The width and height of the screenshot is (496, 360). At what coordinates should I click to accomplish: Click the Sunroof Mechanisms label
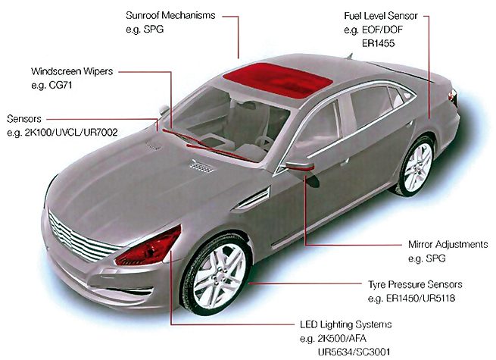click(170, 15)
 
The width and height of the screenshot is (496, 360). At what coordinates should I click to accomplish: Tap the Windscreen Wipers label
click(72, 71)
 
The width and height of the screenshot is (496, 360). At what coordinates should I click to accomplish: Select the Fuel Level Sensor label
click(381, 16)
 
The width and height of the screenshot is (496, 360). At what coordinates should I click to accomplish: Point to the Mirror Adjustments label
click(448, 245)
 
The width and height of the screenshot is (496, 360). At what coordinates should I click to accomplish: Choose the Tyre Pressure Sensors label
click(415, 284)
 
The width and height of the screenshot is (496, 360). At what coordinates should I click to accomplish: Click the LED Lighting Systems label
click(346, 324)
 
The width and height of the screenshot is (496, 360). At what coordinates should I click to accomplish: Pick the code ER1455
click(379, 43)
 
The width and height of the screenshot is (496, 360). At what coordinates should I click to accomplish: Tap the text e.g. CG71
click(51, 85)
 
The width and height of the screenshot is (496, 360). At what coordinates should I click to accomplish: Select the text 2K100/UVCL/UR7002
click(71, 132)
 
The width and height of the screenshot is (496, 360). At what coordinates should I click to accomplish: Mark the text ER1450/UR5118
click(421, 299)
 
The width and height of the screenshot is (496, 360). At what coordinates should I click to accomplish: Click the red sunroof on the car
click(278, 80)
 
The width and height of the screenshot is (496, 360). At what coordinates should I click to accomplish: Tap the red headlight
click(148, 247)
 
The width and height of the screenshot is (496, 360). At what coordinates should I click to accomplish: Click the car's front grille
click(81, 237)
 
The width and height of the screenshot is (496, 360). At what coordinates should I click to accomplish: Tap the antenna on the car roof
click(349, 56)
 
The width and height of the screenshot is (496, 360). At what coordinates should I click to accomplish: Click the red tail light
click(454, 96)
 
